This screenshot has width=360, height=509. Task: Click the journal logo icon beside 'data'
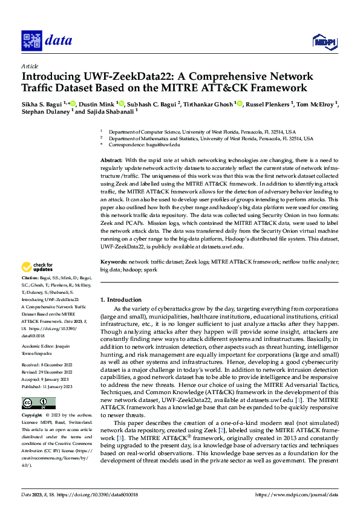coord(31,41)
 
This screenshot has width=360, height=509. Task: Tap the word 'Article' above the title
coord(30,66)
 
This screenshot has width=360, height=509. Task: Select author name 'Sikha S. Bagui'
coord(42,104)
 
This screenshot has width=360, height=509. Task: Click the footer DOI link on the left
coord(97,494)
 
